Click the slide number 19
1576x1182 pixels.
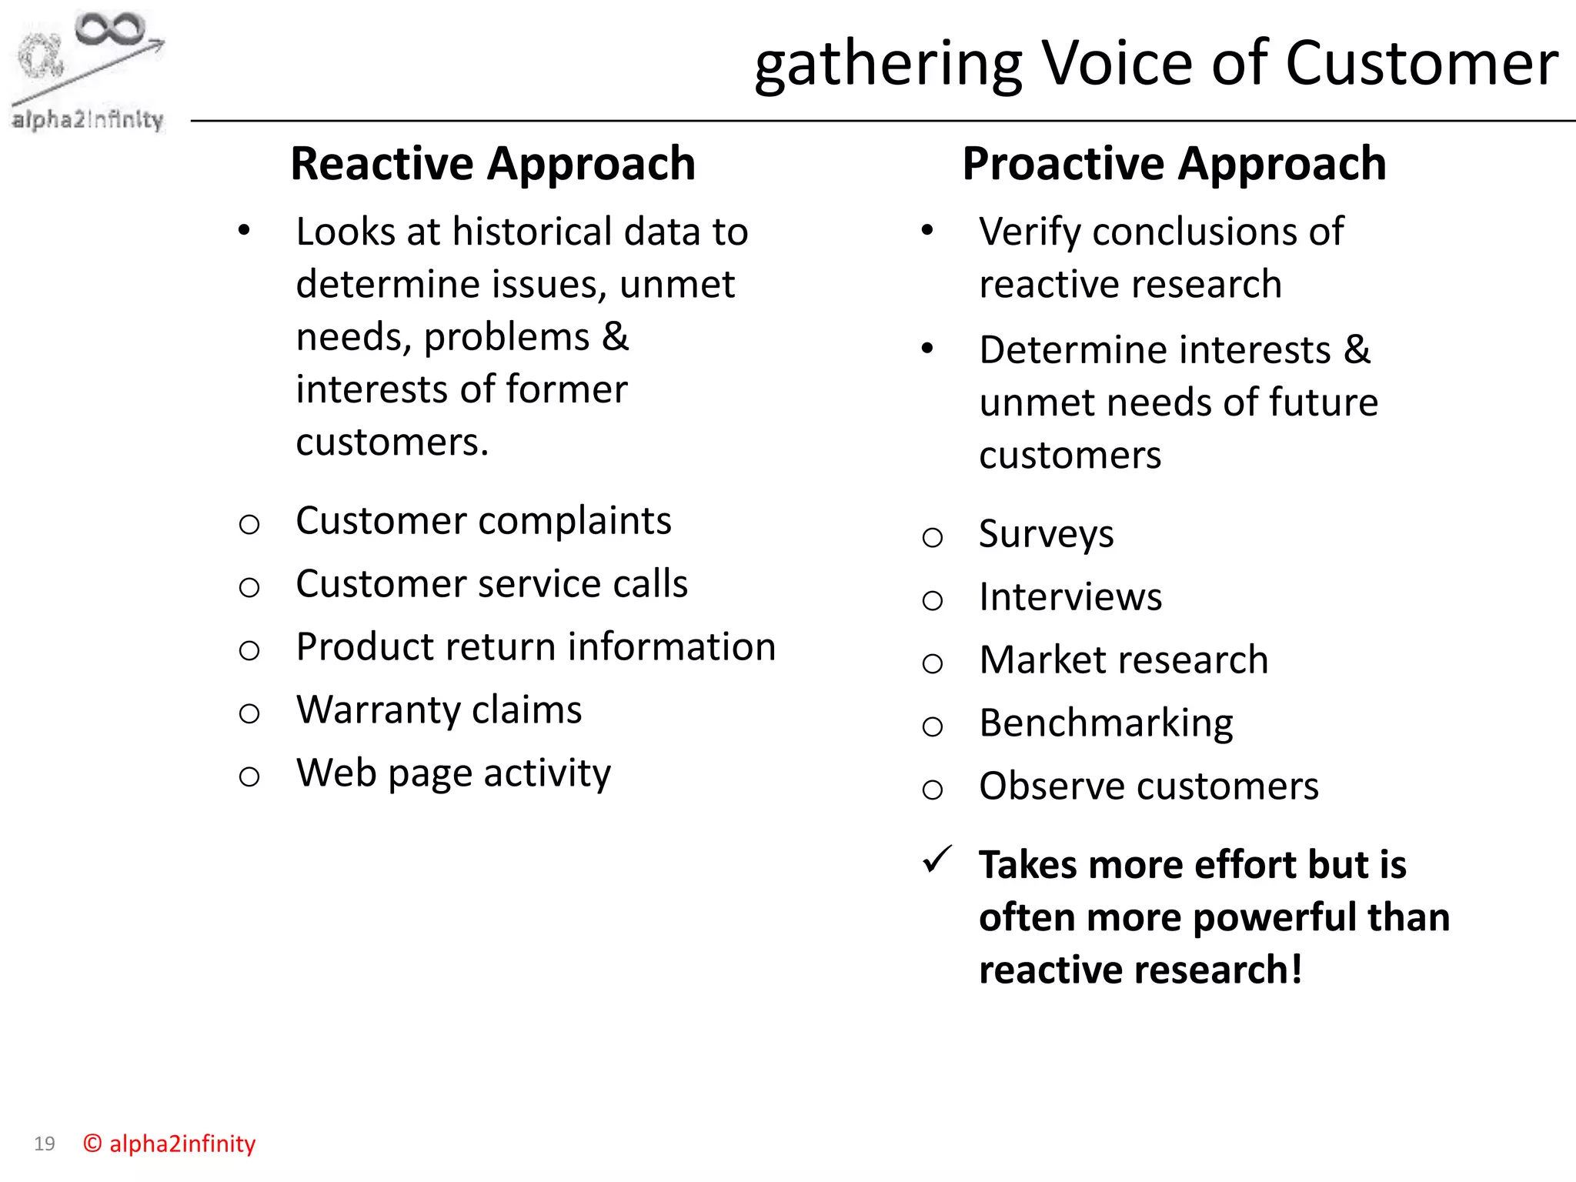[45, 1144]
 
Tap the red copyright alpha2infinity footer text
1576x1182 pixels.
[169, 1144]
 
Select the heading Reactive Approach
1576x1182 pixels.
[492, 164]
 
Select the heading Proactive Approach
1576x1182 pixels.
[1174, 164]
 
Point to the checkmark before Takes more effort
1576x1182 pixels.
[937, 860]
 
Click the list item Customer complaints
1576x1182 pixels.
[483, 521]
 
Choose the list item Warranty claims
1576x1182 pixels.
[439, 710]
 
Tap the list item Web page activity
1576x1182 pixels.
[453, 773]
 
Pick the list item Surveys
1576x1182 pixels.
[1046, 534]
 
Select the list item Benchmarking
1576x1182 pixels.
[1106, 723]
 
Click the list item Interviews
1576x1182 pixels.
[1070, 597]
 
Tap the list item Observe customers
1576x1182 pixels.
[1148, 786]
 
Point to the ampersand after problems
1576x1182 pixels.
[615, 337]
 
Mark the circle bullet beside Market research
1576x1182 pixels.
[932, 663]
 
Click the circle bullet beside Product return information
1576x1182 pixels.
[249, 651]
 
